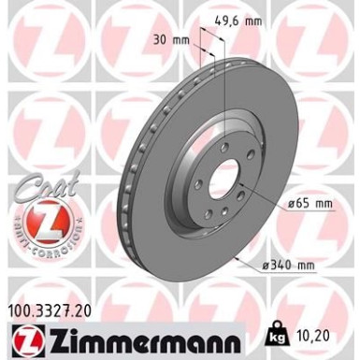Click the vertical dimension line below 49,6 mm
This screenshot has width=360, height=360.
point(225,84)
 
